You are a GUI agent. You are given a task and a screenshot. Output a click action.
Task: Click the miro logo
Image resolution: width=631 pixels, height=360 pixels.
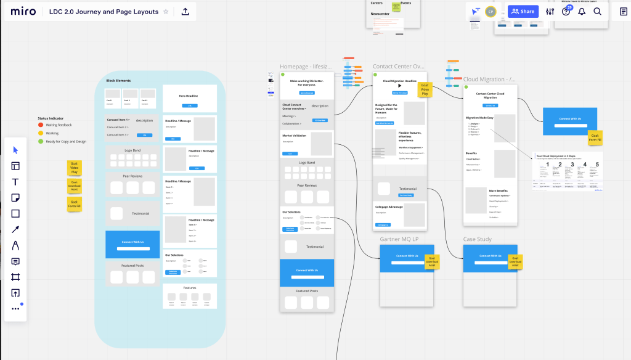pos(23,12)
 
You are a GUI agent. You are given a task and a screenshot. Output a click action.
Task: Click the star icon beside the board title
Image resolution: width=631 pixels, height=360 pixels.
pos(166,12)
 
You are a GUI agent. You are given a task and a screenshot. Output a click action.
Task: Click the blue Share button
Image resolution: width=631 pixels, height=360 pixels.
pos(523,11)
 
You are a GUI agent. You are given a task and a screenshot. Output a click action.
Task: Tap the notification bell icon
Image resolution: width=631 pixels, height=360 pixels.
pos(582,11)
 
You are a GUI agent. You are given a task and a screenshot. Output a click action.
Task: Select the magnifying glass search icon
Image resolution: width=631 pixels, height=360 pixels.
pos(597,11)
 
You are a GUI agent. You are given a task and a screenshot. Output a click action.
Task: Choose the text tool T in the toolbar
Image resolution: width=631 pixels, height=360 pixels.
pos(15,182)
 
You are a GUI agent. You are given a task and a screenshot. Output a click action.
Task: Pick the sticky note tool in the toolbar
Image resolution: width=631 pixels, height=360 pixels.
pos(15,198)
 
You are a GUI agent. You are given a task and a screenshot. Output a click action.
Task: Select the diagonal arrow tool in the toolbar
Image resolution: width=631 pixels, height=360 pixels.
pos(15,229)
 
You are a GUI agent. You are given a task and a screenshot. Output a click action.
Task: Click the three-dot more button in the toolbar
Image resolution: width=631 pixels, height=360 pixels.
pos(15,309)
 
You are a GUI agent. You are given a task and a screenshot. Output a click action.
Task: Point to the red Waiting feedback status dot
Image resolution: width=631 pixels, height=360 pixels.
pos(40,125)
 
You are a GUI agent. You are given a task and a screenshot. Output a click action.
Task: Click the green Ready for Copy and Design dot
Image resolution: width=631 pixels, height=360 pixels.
pos(40,141)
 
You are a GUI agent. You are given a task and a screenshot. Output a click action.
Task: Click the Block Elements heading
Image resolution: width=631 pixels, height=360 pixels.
pos(118,81)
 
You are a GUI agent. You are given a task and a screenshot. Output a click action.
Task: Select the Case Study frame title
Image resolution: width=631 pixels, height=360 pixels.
pos(478,239)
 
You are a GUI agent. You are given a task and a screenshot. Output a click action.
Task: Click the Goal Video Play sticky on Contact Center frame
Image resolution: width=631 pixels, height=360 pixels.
pos(425,89)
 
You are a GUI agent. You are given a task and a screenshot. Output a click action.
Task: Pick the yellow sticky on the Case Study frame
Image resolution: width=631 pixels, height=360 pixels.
pos(515,262)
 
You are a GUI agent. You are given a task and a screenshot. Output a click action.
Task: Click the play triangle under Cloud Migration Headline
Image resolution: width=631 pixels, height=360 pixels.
pos(399,86)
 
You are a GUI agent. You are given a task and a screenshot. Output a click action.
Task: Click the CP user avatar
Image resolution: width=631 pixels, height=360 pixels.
pos(491,11)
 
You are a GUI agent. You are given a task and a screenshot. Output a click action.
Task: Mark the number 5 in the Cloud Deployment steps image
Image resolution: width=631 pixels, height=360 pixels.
pos(596,165)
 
